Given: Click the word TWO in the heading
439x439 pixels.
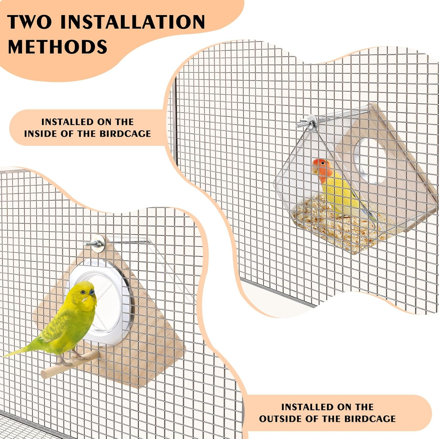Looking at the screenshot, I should tap(30, 22).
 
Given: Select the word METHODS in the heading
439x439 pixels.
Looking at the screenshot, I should tap(58, 47).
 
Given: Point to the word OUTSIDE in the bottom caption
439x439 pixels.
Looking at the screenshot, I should tap(281, 419).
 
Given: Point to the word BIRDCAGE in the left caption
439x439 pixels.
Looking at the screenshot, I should tap(125, 134).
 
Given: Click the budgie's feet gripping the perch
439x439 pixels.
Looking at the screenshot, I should tap(70, 359).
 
